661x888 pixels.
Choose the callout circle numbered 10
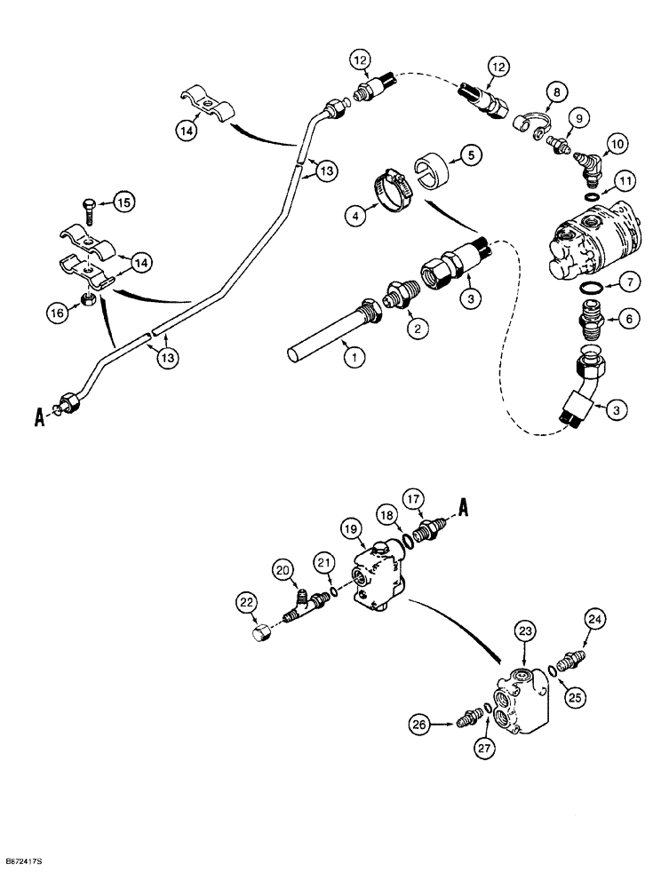point(616,144)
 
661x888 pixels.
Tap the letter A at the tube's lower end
point(39,416)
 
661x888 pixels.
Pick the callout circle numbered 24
point(594,620)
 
